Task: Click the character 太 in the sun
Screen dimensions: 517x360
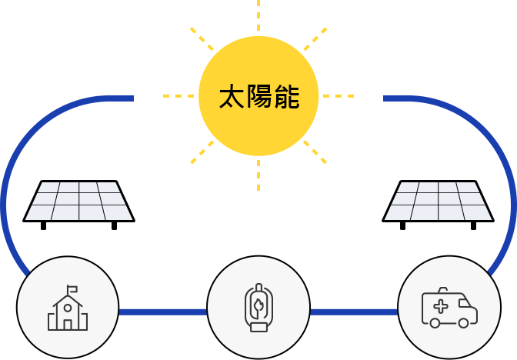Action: pos(232,97)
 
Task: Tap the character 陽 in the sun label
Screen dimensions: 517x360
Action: pos(259,97)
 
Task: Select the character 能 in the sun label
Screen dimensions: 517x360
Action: pos(286,97)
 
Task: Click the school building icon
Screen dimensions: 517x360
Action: pos(68,308)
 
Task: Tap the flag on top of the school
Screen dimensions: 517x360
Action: pos(72,289)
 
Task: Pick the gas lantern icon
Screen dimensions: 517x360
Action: pos(258,307)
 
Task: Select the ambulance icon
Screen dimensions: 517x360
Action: pos(449,308)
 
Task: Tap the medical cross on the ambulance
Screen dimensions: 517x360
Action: pos(441,307)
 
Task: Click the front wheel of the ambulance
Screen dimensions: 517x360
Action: pos(463,323)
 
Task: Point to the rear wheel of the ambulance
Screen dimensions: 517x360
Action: pos(435,323)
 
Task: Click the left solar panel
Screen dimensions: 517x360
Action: pos(78,205)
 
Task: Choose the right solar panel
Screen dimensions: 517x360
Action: pos(439,205)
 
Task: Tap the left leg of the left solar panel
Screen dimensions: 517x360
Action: pos(44,226)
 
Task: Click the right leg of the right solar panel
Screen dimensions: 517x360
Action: pos(473,226)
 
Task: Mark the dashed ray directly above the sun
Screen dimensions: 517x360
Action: pos(258,15)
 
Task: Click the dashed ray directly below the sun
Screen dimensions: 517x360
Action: pos(258,175)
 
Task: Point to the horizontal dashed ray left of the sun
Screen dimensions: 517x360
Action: pos(178,96)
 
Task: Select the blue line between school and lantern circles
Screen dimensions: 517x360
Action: pos(163,312)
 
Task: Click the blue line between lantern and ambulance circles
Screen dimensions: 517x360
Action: pos(354,312)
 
